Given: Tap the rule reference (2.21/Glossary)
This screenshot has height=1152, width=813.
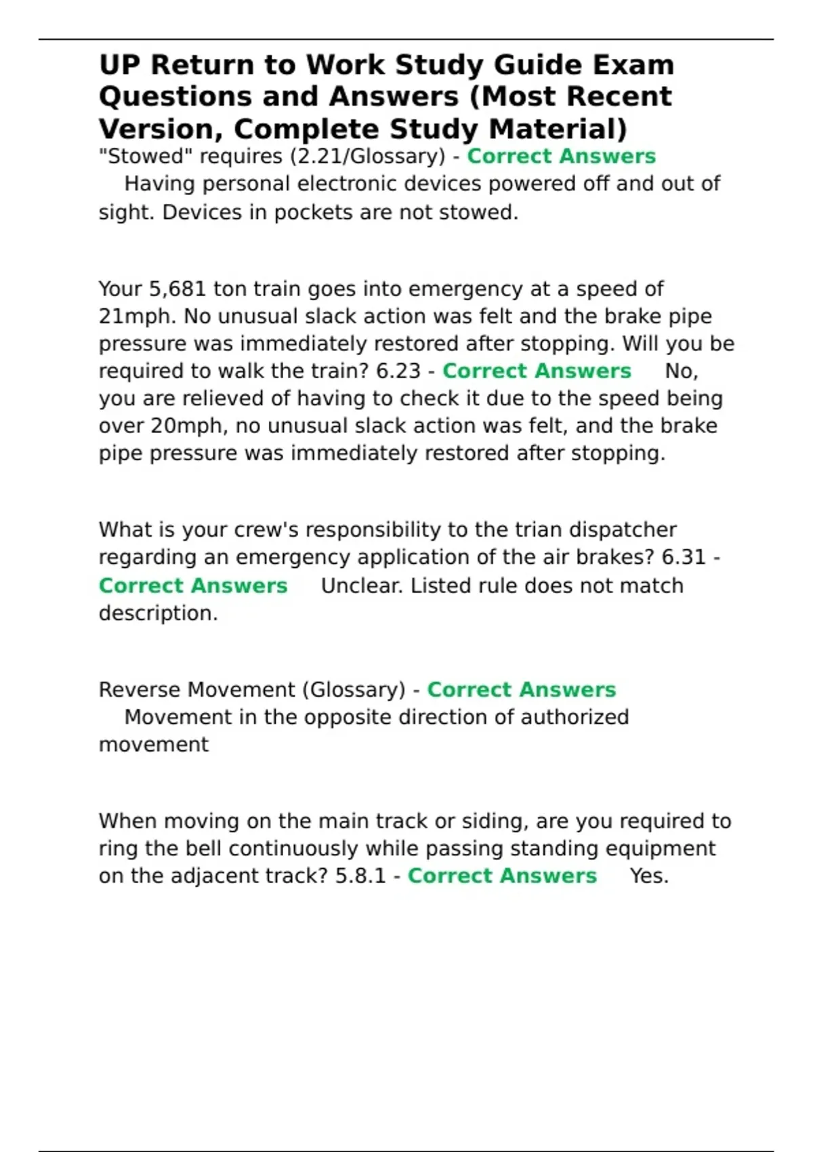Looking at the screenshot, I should click(x=367, y=157).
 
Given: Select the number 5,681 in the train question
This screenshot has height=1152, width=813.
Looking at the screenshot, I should click(x=177, y=289).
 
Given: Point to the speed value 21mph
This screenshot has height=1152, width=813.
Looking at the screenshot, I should click(x=138, y=316).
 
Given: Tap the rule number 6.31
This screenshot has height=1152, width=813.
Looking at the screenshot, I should click(x=684, y=558).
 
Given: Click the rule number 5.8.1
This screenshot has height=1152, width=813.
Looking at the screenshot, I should click(x=360, y=876).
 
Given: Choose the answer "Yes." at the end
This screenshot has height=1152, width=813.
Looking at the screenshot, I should click(x=649, y=876).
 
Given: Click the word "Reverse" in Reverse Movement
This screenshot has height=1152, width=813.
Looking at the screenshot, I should click(x=140, y=690).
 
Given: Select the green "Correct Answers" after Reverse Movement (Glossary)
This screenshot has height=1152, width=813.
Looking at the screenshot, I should click(x=521, y=690).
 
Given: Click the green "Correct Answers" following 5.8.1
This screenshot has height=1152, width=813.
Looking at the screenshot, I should click(x=502, y=876).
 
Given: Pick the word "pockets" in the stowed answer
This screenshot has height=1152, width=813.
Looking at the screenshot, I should click(x=314, y=213).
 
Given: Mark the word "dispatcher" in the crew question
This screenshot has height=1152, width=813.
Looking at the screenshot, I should click(x=622, y=530).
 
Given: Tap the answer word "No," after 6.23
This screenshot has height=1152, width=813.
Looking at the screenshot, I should click(x=681, y=371).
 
